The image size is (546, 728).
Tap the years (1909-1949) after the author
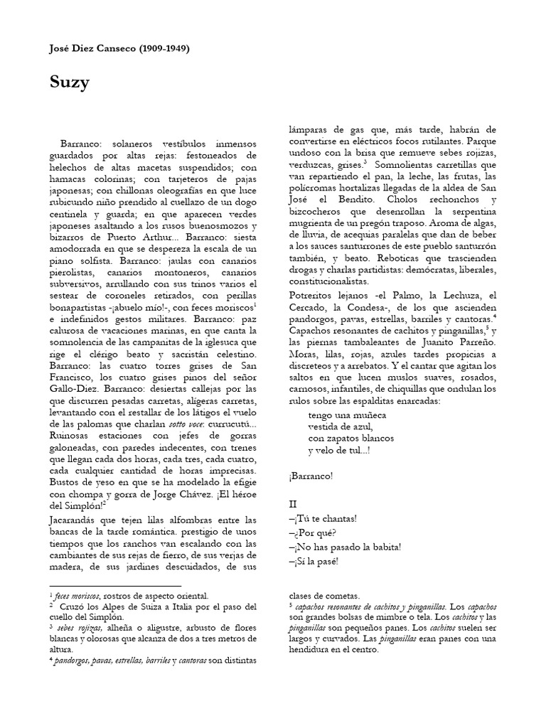pos(164,48)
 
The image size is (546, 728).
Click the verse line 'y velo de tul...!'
pos(339,451)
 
